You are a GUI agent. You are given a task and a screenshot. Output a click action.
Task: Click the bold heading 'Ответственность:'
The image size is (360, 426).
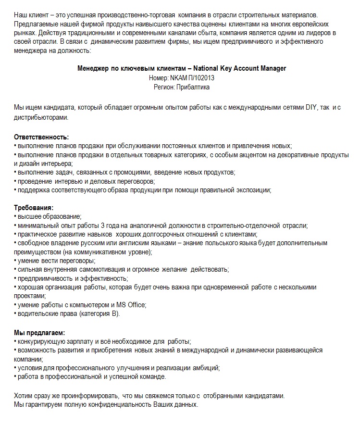click(x=41, y=137)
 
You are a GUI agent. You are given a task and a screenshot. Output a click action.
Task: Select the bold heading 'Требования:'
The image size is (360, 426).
click(x=34, y=208)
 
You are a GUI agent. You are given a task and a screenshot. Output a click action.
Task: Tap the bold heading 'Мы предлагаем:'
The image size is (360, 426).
click(x=39, y=332)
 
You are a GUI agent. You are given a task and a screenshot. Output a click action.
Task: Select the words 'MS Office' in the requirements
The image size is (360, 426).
click(x=131, y=305)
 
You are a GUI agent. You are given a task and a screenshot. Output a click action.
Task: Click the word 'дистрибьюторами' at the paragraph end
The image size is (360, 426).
click(x=40, y=118)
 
